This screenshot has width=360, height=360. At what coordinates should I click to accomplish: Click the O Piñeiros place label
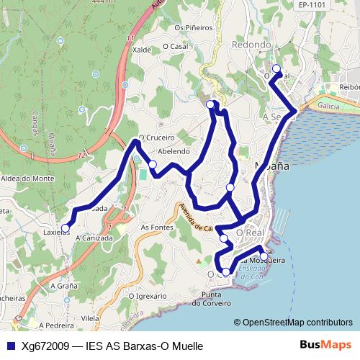point(189,29)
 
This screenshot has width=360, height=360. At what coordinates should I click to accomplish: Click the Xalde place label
point(142,50)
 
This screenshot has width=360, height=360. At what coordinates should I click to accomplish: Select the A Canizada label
point(94,237)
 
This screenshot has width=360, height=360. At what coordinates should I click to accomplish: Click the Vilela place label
point(90,318)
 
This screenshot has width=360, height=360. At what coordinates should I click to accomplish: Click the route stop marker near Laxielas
point(66,228)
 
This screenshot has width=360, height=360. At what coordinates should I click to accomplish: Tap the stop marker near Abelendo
point(153,165)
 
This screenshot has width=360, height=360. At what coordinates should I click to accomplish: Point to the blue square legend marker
point(9,346)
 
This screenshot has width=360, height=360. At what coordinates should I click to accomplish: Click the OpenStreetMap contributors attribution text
point(297,322)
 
